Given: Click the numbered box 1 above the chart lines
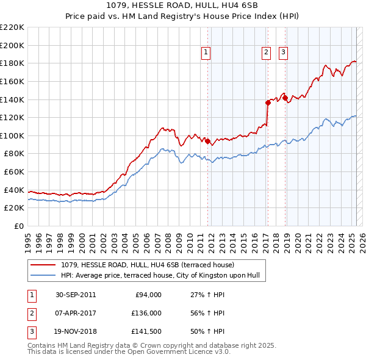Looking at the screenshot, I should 206,53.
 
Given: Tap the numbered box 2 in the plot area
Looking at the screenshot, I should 267,53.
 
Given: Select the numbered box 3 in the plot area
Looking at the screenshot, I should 284,53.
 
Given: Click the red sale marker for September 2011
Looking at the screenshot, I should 207,142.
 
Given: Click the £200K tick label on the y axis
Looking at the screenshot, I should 12,45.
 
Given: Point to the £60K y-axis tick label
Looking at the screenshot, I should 14,172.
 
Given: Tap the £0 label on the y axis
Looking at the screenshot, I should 19,226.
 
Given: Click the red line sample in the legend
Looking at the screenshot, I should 43,265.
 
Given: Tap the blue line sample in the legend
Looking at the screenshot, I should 43,275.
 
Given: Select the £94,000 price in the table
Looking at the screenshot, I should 148,295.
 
